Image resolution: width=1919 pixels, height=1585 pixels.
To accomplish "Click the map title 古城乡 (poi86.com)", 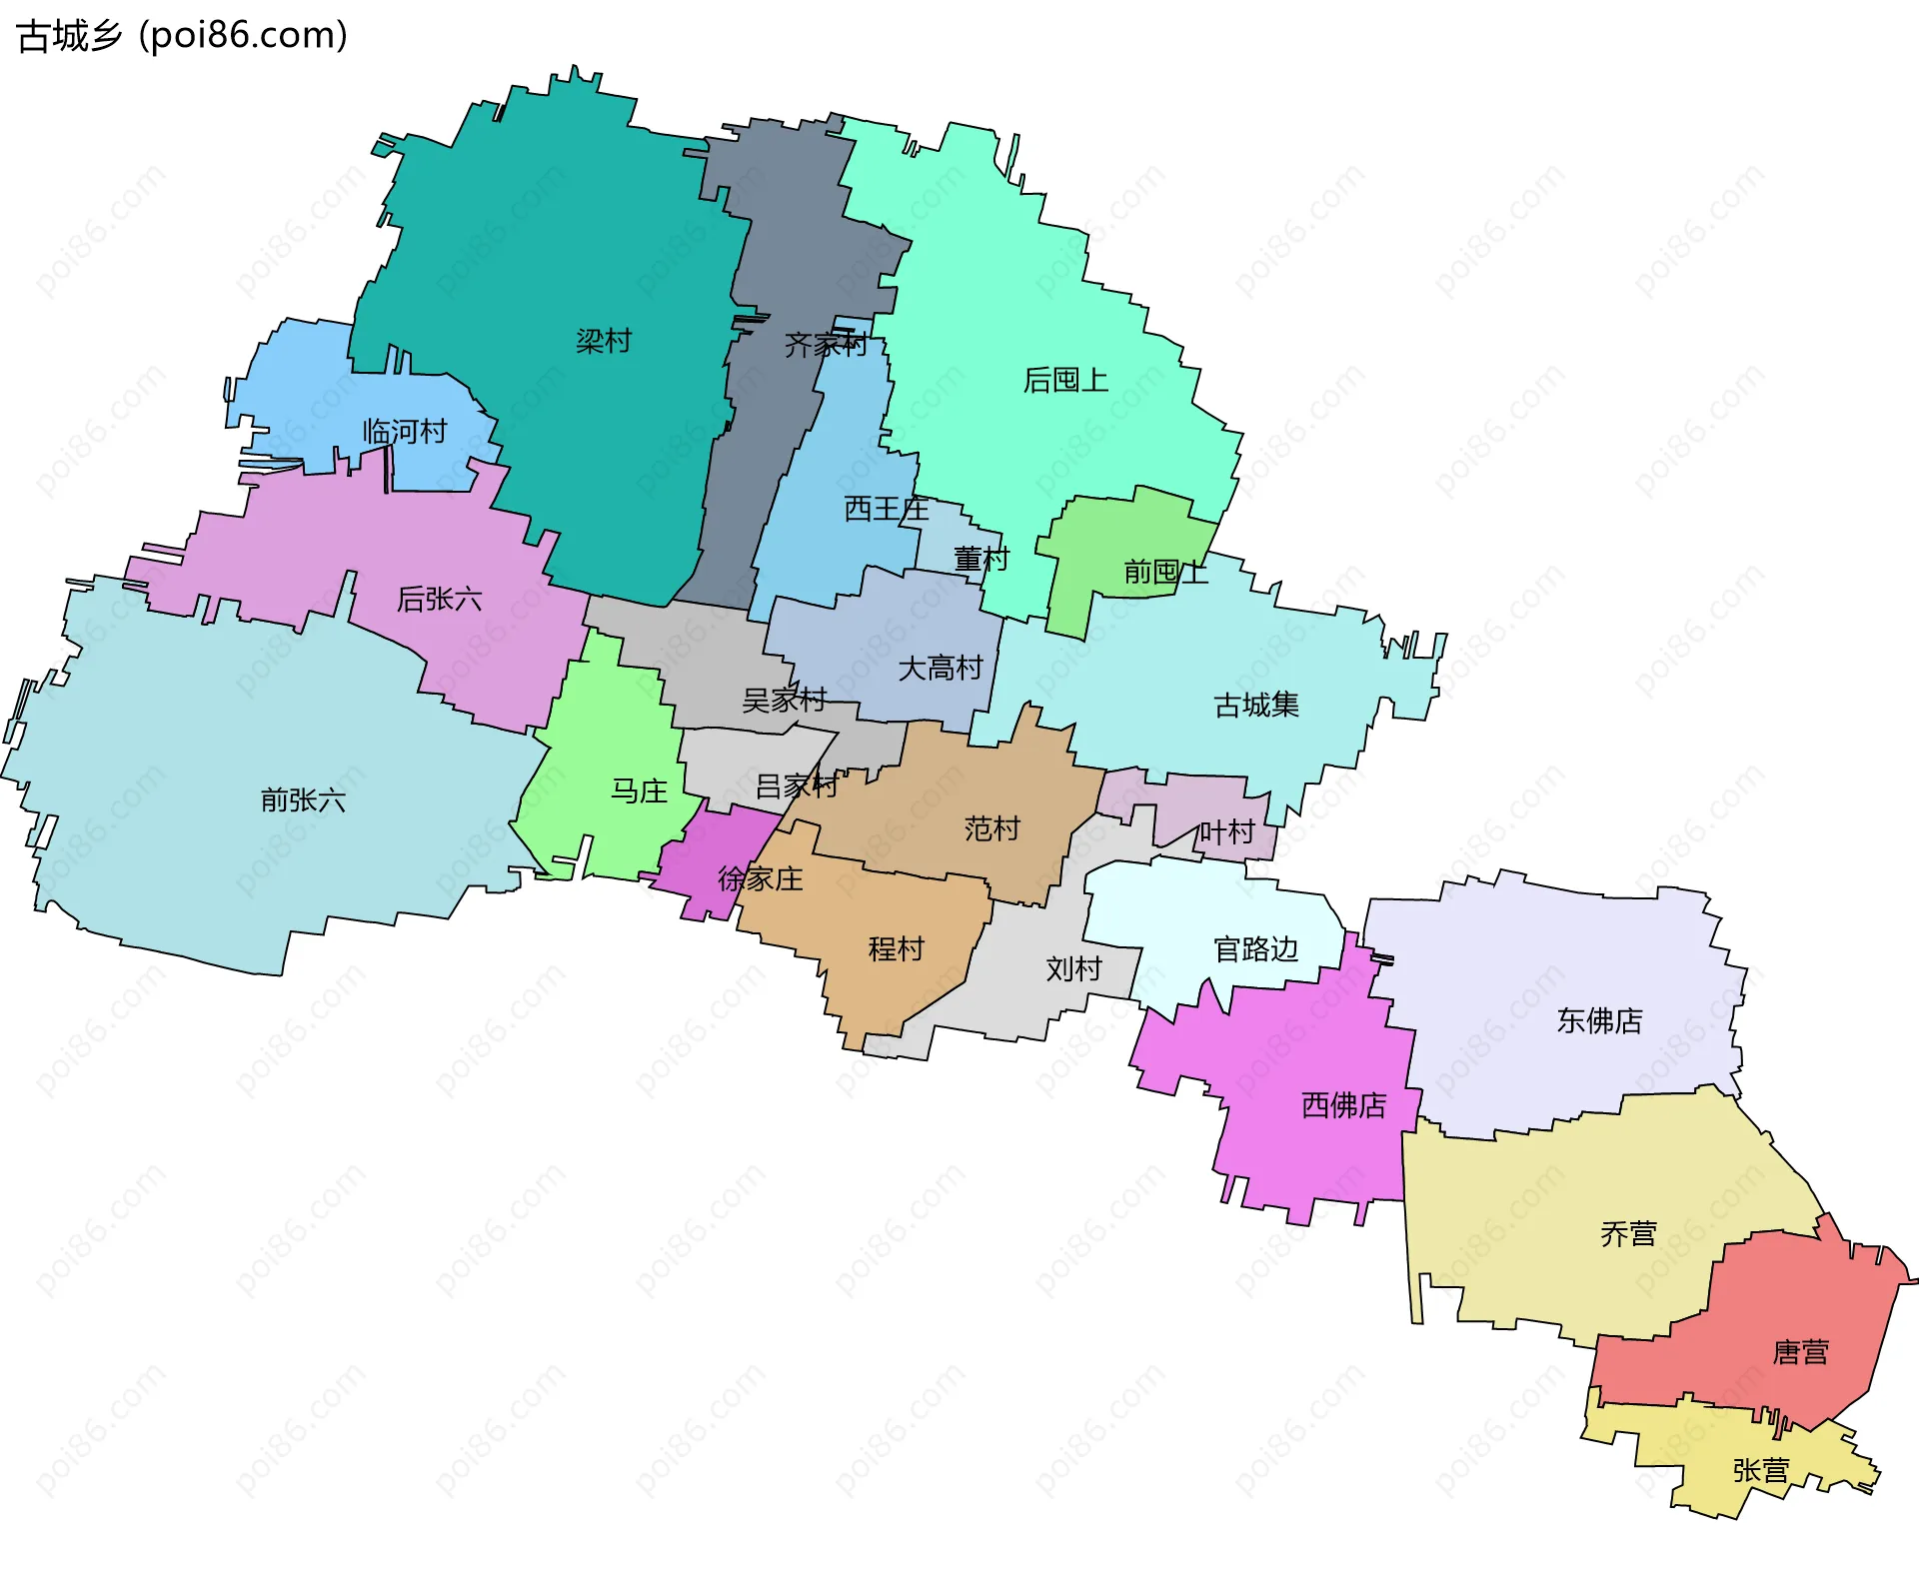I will [183, 36].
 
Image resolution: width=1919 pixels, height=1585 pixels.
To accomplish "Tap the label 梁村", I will [604, 341].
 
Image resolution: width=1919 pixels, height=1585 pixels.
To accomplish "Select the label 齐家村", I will [826, 345].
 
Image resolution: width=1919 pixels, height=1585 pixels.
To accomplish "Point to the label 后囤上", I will [1065, 380].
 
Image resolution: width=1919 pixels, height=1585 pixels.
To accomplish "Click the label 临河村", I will [405, 432].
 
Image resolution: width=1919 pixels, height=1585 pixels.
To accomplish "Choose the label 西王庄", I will [887, 509].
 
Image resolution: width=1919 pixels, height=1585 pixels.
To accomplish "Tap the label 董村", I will [980, 559].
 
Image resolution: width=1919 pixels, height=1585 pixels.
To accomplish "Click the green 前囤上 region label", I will [1165, 572].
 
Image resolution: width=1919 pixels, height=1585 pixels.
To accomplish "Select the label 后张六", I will [440, 599].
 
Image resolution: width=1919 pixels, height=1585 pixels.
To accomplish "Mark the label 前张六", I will [303, 799].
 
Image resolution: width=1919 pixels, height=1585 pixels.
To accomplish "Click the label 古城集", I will [1256, 705].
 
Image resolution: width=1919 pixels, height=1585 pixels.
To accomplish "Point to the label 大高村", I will [941, 668].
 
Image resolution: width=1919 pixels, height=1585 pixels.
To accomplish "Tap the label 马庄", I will [639, 792].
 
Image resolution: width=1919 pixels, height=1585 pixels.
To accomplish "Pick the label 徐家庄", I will [761, 878].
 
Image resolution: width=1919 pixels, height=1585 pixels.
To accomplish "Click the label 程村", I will [897, 948].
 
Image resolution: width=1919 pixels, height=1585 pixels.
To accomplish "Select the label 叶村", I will [1226, 831].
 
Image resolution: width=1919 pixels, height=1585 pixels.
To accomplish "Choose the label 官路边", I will [1255, 948].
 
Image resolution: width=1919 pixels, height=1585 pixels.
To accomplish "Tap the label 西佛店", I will [1343, 1104].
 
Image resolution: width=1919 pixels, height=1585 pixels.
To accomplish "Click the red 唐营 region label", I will [1800, 1352].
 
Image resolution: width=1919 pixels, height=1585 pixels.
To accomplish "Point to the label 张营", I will [1760, 1470].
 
